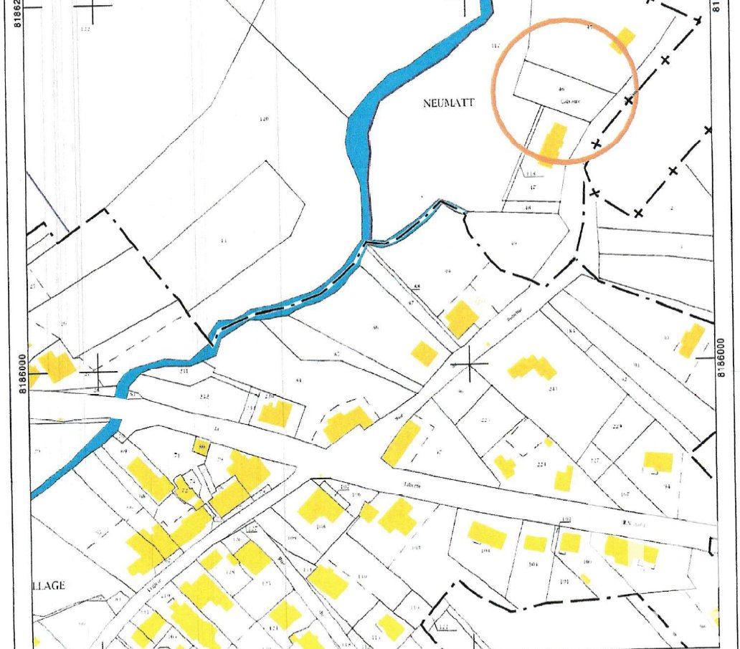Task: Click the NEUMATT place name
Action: pyautogui.click(x=445, y=103)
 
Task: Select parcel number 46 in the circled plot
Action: pyautogui.click(x=561, y=90)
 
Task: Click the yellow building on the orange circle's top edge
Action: pyautogui.click(x=625, y=39)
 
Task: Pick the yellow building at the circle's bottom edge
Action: pyautogui.click(x=552, y=143)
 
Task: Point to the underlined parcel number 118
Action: pyautogui.click(x=531, y=174)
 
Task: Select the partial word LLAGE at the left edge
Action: pyautogui.click(x=48, y=585)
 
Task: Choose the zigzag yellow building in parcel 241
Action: pyautogui.click(x=532, y=367)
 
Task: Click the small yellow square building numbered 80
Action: pyautogui.click(x=202, y=446)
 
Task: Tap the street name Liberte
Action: pyautogui.click(x=412, y=485)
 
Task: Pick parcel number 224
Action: pyautogui.click(x=542, y=464)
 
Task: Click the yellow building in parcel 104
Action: pyautogui.click(x=487, y=534)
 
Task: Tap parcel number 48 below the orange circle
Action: pyautogui.click(x=529, y=208)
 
